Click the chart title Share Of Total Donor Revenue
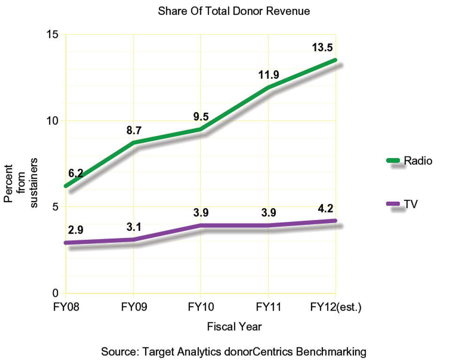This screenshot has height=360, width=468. (x=234, y=11)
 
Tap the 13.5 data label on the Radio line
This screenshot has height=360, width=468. (x=323, y=47)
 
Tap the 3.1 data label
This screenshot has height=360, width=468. (x=134, y=227)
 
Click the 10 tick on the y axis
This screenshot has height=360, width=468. (x=52, y=120)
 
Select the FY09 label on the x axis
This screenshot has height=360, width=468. (x=133, y=307)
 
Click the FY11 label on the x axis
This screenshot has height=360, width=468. (x=268, y=307)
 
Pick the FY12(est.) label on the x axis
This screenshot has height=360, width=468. (x=335, y=307)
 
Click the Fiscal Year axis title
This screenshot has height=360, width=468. (x=234, y=326)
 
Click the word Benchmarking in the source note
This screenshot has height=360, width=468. (x=332, y=351)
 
